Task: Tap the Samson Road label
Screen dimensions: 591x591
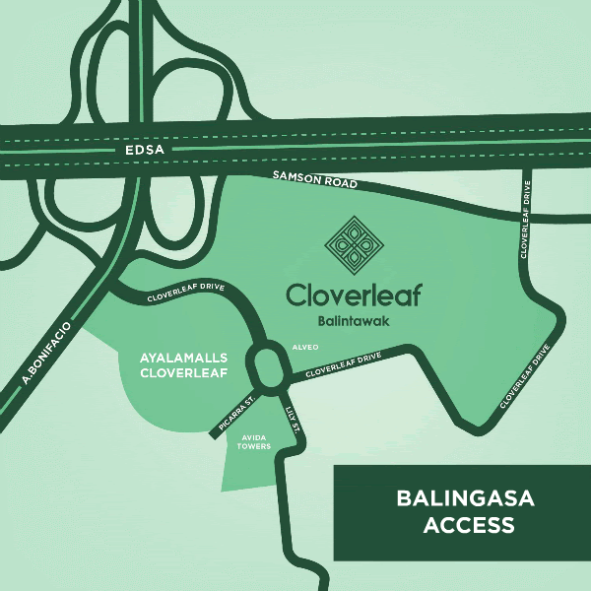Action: tap(314, 180)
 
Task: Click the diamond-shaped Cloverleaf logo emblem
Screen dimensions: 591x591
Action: tap(353, 241)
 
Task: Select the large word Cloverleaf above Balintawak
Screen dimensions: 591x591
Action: tap(353, 295)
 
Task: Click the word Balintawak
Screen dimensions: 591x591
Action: tap(353, 320)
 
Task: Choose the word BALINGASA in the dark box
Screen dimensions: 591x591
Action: tap(465, 498)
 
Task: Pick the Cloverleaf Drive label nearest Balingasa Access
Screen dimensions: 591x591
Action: tap(524, 376)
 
